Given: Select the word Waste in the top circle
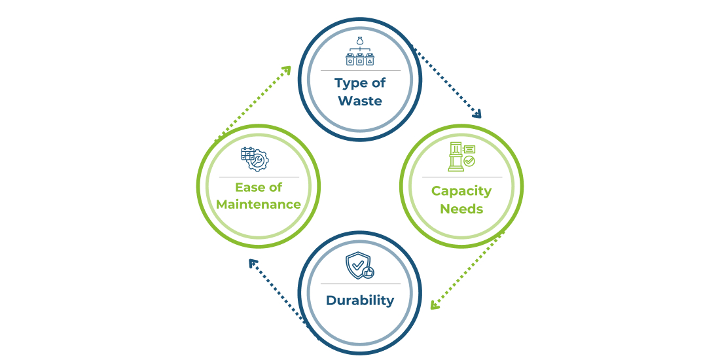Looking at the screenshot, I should tap(360, 101).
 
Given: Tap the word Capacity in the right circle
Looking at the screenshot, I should tap(461, 191).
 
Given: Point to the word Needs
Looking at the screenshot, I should tap(461, 209).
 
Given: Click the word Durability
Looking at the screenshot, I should tap(360, 301).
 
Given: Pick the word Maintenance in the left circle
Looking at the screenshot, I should tap(259, 204).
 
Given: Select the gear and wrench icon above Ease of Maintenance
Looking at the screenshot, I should tap(254, 159).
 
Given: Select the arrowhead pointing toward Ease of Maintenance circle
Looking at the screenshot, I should tap(252, 262).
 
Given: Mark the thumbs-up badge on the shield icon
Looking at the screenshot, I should tap(368, 272).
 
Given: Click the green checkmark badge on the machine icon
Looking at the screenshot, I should tap(469, 161).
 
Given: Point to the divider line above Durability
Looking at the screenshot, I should tap(360, 284).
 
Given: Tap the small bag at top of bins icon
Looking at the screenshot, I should tap(360, 41).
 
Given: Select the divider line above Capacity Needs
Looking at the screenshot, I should tap(461, 177).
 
